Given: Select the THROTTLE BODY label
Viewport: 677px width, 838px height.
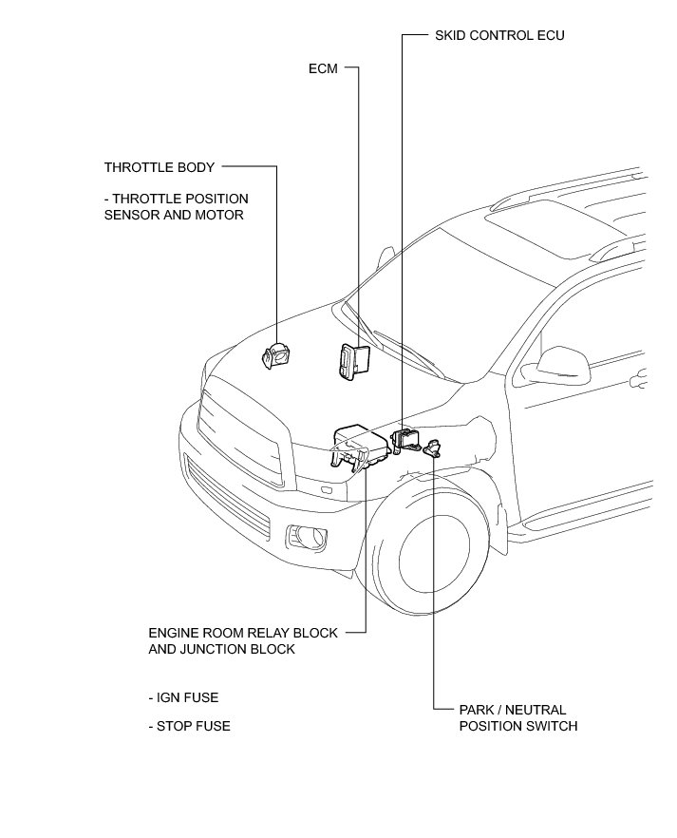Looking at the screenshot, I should [160, 167].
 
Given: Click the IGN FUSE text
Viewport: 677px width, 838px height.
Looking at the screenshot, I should [183, 697].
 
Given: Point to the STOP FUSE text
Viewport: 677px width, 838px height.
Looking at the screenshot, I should [189, 726].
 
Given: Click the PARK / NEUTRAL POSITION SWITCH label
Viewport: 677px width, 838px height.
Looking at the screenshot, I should [517, 718].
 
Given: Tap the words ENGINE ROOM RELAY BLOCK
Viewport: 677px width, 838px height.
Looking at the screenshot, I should [242, 633].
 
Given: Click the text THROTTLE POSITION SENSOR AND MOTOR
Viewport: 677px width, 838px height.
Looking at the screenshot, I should [176, 207].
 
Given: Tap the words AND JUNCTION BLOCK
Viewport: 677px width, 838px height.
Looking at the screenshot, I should [221, 650].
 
